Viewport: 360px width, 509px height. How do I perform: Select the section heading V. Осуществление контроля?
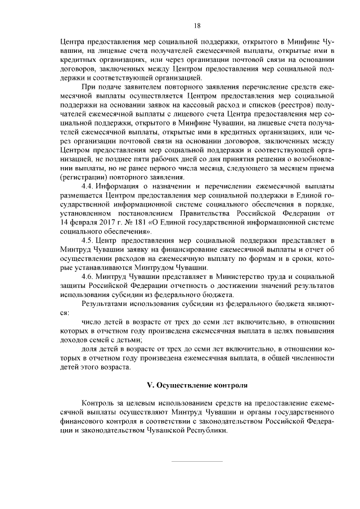(x=197, y=385)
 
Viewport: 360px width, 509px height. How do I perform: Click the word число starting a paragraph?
(x=91, y=321)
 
